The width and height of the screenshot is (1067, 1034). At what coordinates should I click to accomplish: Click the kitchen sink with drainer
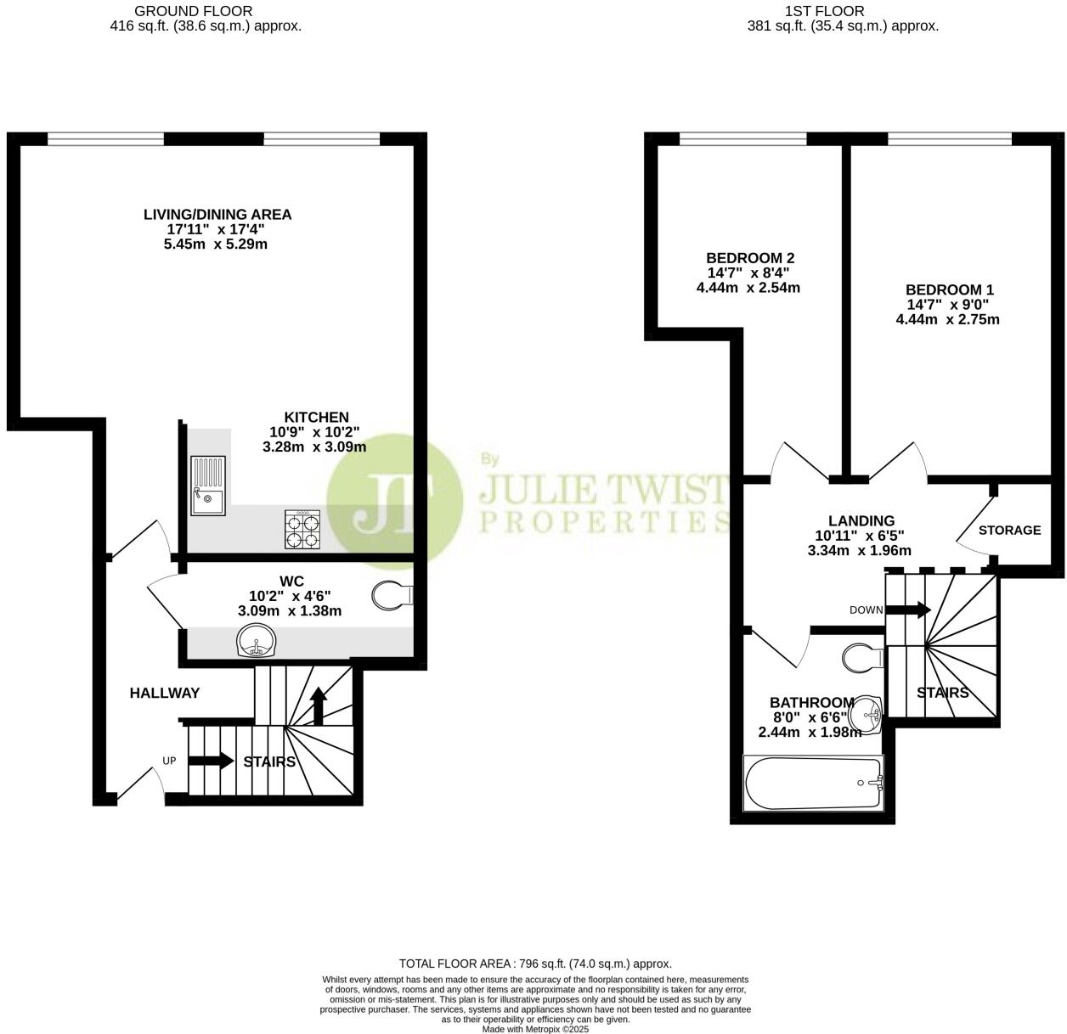click(x=208, y=486)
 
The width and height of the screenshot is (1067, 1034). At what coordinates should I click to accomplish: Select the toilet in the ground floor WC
click(x=392, y=595)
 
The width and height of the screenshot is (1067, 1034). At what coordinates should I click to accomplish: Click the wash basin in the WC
click(x=256, y=640)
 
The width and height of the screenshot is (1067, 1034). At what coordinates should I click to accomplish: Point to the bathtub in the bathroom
click(x=813, y=784)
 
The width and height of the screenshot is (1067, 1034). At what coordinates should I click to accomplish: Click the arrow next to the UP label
click(x=211, y=760)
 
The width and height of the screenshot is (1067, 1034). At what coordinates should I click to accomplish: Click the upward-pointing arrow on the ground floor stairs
click(x=319, y=705)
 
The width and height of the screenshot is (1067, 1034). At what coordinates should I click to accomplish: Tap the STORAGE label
click(x=1009, y=531)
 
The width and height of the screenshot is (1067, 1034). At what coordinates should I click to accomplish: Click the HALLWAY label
click(x=165, y=693)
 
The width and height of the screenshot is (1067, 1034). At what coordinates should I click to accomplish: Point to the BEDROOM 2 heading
click(x=750, y=258)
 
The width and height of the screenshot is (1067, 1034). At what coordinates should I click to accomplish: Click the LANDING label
click(x=861, y=520)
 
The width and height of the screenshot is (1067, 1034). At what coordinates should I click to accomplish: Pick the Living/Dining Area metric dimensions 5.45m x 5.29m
click(x=216, y=244)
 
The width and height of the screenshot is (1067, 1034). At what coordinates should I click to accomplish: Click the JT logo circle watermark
click(x=394, y=501)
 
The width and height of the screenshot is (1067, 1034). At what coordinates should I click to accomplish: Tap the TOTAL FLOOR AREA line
click(x=535, y=964)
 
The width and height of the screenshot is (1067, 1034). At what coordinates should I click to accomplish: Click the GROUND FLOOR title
click(x=194, y=11)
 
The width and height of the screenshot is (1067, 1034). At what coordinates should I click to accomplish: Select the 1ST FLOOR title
click(x=825, y=11)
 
